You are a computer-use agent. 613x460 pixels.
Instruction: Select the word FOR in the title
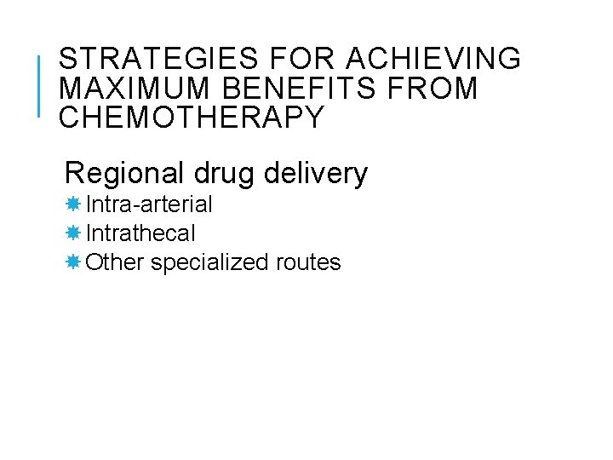coord(291,59)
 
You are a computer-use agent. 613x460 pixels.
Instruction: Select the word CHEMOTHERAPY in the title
coord(192,118)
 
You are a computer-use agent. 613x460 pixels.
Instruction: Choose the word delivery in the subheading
coord(317,174)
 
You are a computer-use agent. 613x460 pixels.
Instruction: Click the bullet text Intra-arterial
coord(150,204)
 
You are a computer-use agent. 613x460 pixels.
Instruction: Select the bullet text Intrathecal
coord(141,233)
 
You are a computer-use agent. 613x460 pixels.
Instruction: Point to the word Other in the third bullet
coord(116,262)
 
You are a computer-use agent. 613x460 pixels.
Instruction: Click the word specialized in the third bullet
coord(210,262)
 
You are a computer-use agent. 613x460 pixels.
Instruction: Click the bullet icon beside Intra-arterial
coord(73,204)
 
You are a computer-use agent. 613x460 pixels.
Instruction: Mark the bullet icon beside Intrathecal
coord(73,233)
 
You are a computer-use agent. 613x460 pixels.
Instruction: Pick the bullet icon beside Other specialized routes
coord(73,262)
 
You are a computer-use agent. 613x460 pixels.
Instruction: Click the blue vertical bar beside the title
coord(40,85)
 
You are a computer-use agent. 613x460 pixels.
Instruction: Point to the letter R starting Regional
coord(75,174)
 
